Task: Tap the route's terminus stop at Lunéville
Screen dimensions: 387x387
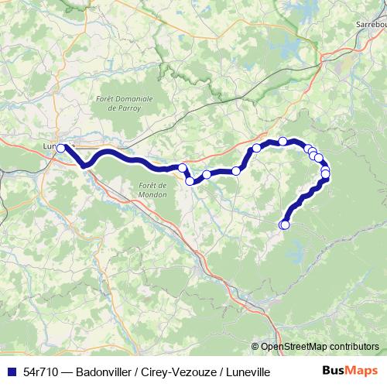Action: [61, 147]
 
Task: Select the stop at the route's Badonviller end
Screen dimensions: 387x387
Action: [283, 224]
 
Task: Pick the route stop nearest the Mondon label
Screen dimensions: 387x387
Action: [189, 180]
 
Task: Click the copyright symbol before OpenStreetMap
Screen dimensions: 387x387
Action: [255, 347]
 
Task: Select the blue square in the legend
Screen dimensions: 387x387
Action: [13, 372]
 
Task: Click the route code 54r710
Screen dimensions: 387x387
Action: [43, 372]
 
